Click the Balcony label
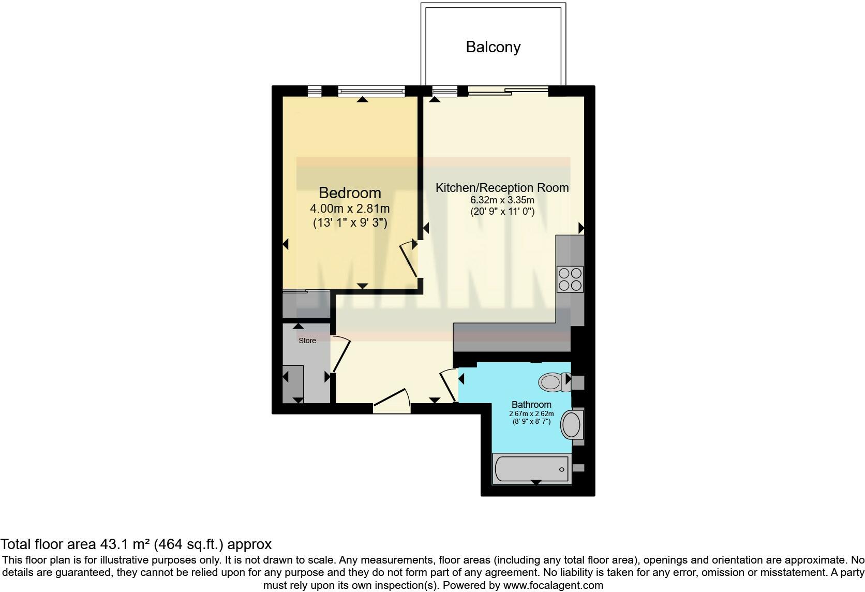493,47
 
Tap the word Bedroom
350,193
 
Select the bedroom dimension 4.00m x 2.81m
350,209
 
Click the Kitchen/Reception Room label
502,188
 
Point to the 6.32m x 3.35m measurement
502,200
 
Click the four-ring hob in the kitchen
570,279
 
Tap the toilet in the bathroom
552,382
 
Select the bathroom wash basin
572,425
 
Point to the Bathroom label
531,405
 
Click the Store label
307,341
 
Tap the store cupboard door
341,354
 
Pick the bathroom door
448,384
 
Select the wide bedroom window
371,92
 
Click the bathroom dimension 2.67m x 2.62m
531,414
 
